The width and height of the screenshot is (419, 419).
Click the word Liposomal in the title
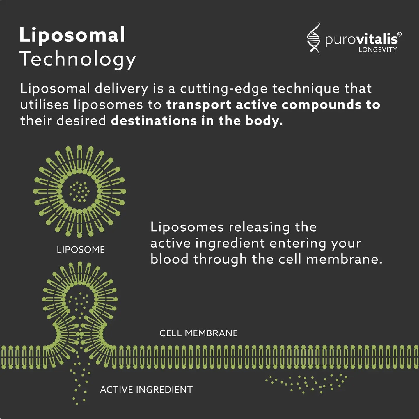[x=72, y=35]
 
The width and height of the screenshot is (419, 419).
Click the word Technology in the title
[x=78, y=59]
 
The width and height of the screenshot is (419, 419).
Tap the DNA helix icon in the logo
[x=313, y=38]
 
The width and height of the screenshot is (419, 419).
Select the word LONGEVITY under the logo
[x=377, y=50]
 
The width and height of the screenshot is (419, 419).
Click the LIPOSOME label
[x=81, y=250]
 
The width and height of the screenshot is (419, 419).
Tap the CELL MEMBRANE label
[x=198, y=333]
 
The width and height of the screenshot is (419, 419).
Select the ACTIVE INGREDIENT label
[x=146, y=390]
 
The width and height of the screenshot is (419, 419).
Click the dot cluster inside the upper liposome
[x=79, y=191]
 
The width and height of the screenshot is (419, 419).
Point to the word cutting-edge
[x=223, y=89]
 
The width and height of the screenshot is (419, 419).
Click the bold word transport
[x=199, y=105]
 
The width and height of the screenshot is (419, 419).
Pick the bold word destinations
[x=154, y=121]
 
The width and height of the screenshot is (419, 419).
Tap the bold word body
[x=263, y=121]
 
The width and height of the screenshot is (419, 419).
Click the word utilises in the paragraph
[x=44, y=105]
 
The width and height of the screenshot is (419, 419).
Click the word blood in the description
[x=169, y=259]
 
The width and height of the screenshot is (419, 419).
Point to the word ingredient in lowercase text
[x=230, y=243]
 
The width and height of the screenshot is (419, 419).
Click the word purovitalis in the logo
[x=361, y=40]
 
